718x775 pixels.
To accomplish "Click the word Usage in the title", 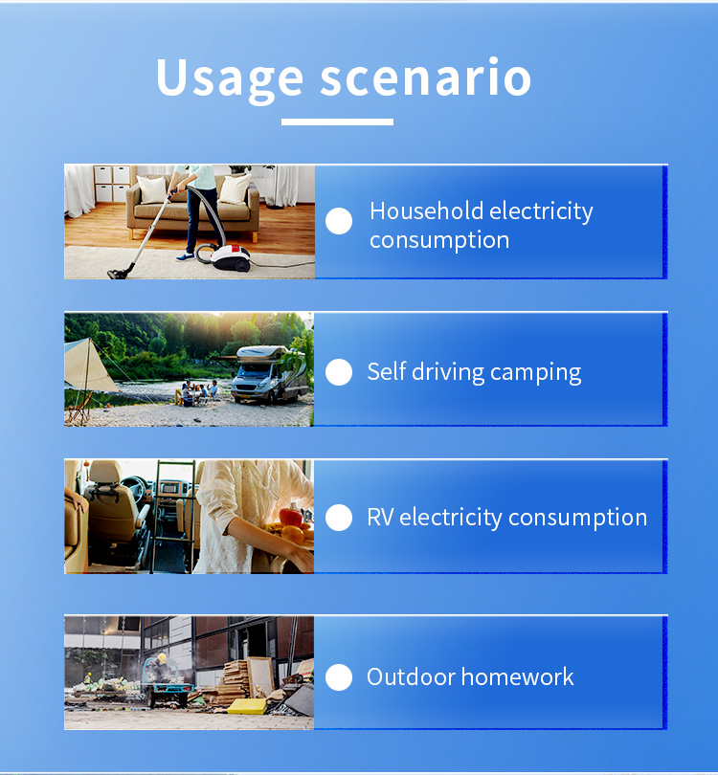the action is tap(230, 80).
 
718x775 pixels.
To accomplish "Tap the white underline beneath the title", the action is tap(337, 122).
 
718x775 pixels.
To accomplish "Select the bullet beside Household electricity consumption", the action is tap(339, 220).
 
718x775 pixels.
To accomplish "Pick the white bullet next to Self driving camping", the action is tap(339, 371).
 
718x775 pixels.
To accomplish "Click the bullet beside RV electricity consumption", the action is tap(339, 518).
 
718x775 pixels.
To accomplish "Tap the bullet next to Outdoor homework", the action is tap(339, 676).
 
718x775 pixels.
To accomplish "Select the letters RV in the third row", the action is tap(380, 517).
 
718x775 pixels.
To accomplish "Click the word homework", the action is tap(517, 676).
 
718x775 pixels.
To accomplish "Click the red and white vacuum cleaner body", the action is tap(230, 257).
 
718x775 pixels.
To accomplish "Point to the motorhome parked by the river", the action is tap(268, 373).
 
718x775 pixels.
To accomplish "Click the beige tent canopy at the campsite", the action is tap(89, 365).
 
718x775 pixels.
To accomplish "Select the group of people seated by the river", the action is tap(197, 392).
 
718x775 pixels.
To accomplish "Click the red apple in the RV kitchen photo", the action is tap(291, 517).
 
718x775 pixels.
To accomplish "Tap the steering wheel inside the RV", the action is tap(134, 488).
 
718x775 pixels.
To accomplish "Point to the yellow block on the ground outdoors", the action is tap(247, 706).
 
